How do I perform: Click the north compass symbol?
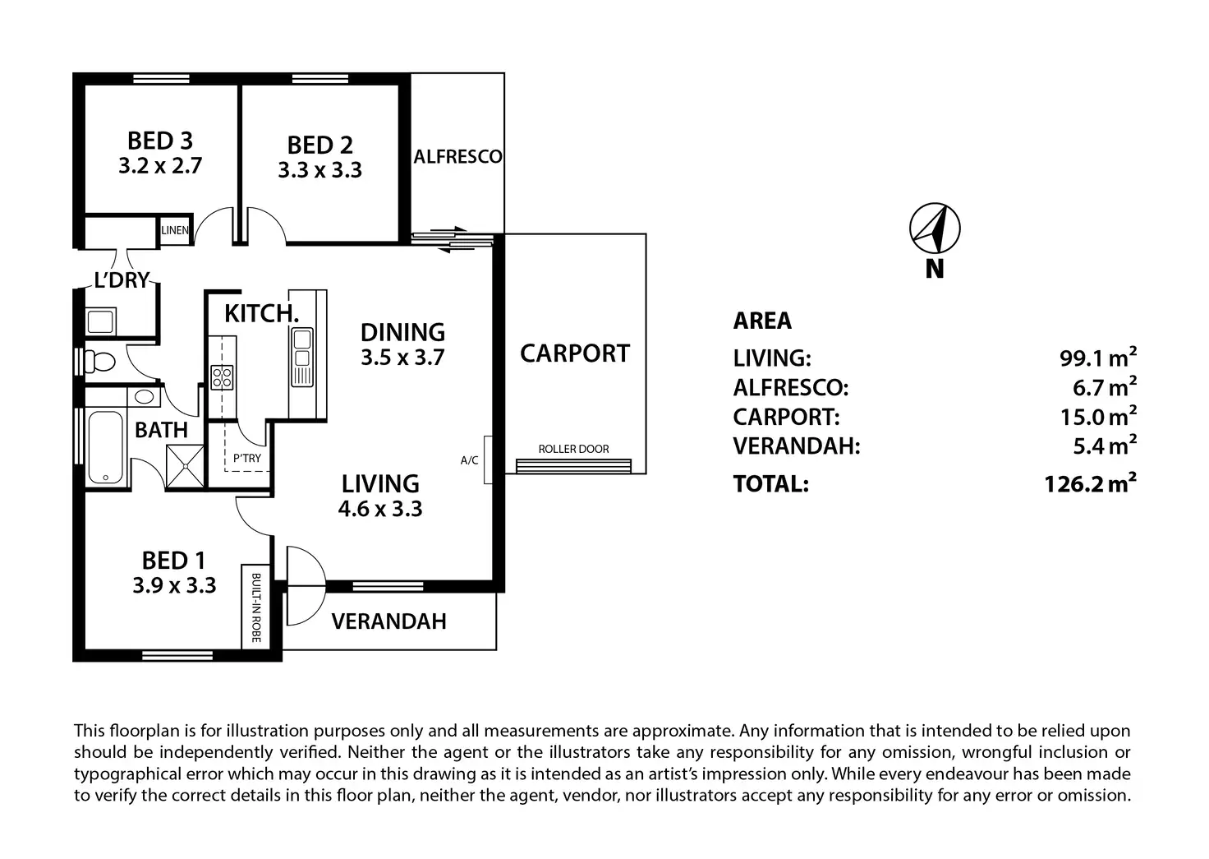point(935,228)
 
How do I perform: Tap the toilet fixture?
point(99,361)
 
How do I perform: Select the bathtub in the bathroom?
point(105,447)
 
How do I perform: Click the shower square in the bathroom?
point(185,466)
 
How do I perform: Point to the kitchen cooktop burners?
point(222,377)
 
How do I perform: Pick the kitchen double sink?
point(302,357)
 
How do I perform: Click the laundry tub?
point(100,322)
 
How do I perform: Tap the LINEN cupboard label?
point(175,230)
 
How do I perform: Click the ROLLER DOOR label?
point(573,449)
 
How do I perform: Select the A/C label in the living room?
point(469,460)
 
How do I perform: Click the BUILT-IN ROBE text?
point(255,607)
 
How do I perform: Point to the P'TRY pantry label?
point(246,458)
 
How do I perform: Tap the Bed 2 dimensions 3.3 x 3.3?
point(320,170)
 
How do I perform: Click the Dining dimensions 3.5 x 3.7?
point(402,358)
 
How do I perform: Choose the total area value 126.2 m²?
point(1090,483)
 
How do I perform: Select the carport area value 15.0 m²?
point(1098,416)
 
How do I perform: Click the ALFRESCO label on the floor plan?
point(457,157)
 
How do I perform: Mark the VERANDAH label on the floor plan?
point(388,621)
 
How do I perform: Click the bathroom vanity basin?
point(144,397)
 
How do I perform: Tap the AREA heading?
point(762,321)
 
